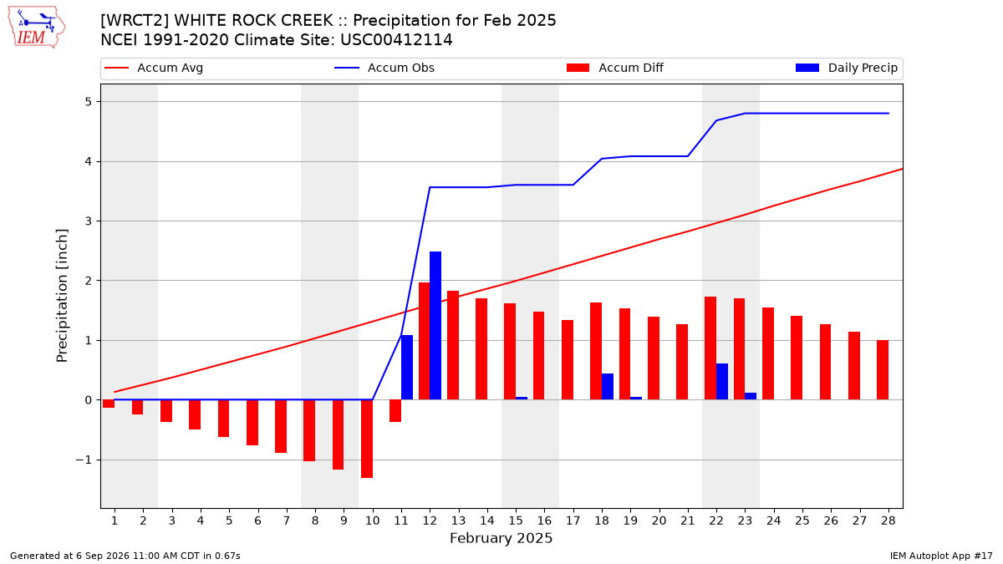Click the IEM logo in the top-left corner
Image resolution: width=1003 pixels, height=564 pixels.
(37, 28)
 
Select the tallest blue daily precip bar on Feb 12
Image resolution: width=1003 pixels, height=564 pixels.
(435, 325)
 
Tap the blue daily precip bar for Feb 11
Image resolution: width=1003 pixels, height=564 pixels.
(406, 368)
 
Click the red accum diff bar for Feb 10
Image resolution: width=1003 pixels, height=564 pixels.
(367, 439)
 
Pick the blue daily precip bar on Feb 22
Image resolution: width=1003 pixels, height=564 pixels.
(722, 381)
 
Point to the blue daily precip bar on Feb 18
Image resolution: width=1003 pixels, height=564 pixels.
(607, 387)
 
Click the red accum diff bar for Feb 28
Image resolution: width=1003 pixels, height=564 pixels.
(883, 370)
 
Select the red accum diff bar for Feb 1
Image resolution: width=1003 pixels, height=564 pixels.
(109, 404)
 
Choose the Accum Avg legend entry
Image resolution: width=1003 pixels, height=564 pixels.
(154, 68)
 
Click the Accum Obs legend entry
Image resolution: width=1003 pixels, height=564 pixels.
(384, 68)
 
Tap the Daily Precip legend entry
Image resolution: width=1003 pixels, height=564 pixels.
(846, 68)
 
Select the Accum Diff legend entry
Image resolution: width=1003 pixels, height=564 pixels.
(615, 68)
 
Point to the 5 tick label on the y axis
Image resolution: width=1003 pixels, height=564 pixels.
(88, 102)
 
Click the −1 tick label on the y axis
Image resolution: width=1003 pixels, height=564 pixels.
(84, 460)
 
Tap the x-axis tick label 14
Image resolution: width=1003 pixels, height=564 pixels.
(487, 521)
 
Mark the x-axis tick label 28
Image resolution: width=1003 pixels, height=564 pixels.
(888, 521)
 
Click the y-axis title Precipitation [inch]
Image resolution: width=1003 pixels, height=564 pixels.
(62, 296)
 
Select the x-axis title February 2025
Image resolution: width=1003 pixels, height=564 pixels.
(501, 538)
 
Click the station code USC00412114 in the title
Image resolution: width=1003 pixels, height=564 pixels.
(396, 40)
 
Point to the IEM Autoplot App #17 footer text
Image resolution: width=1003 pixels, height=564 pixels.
(941, 556)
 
